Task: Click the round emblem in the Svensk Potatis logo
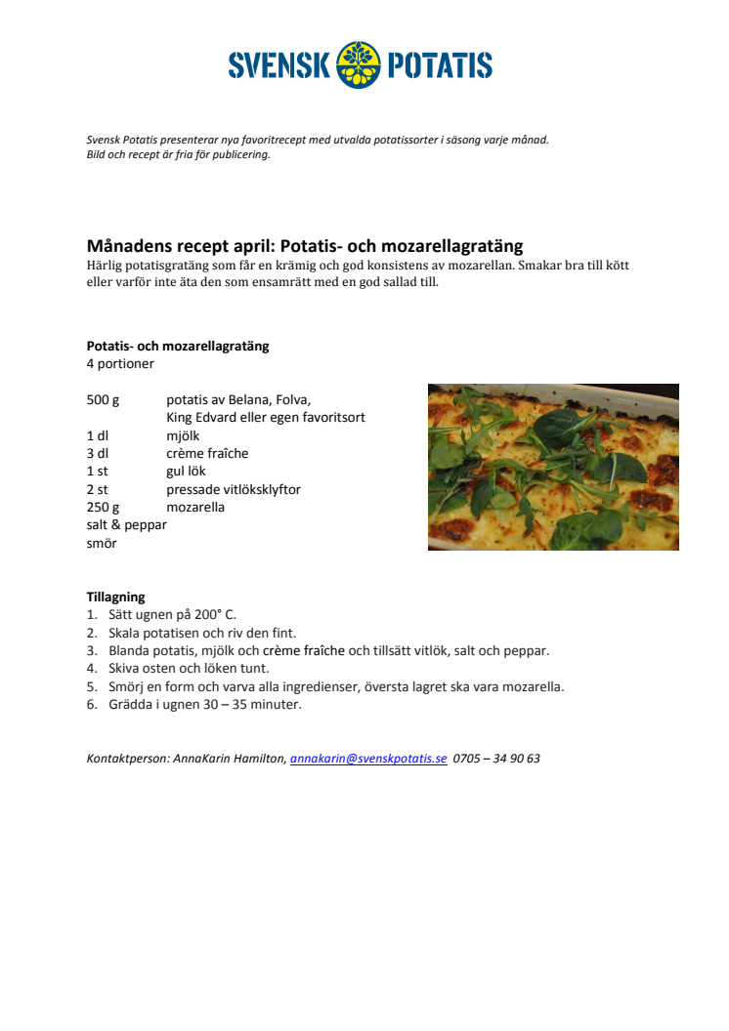pos(360,65)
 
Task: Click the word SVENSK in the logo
pos(279,66)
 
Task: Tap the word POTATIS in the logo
pos(440,66)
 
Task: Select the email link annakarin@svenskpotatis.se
pos(368,758)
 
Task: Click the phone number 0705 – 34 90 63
pos(496,758)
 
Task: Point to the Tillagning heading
pos(115,597)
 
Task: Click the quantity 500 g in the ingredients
pos(103,399)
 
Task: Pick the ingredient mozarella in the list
pos(195,507)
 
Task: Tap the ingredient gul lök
pos(186,471)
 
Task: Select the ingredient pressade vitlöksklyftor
pos(233,489)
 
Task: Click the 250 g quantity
pos(103,507)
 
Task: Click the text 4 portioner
pos(120,364)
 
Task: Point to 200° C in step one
pos(216,615)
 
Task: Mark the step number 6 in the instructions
pos(91,704)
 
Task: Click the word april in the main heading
pos(238,246)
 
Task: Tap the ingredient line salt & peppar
pos(126,524)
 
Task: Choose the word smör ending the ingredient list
pos(102,543)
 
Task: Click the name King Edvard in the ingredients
pos(203,417)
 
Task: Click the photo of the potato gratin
pos(553,467)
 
